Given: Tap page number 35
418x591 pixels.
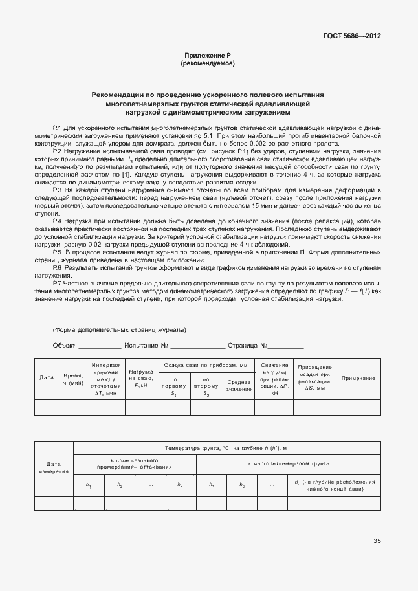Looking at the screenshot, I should point(377,541).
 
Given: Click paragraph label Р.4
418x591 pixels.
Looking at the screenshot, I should point(56,221).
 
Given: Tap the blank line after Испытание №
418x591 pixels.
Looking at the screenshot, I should point(198,347).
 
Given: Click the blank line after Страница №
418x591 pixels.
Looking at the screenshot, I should point(282,347).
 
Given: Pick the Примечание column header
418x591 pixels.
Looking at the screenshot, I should point(358,378).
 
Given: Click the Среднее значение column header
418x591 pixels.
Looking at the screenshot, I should point(239,385).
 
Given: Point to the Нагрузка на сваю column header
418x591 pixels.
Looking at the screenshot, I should point(140,378).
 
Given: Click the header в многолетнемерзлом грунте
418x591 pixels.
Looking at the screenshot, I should point(288,464).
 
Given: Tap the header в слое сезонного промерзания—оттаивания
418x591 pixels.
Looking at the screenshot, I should point(135,464).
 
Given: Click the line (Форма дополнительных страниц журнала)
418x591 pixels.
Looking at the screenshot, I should point(120,329).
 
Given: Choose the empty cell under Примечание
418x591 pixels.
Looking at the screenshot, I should point(358,408).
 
